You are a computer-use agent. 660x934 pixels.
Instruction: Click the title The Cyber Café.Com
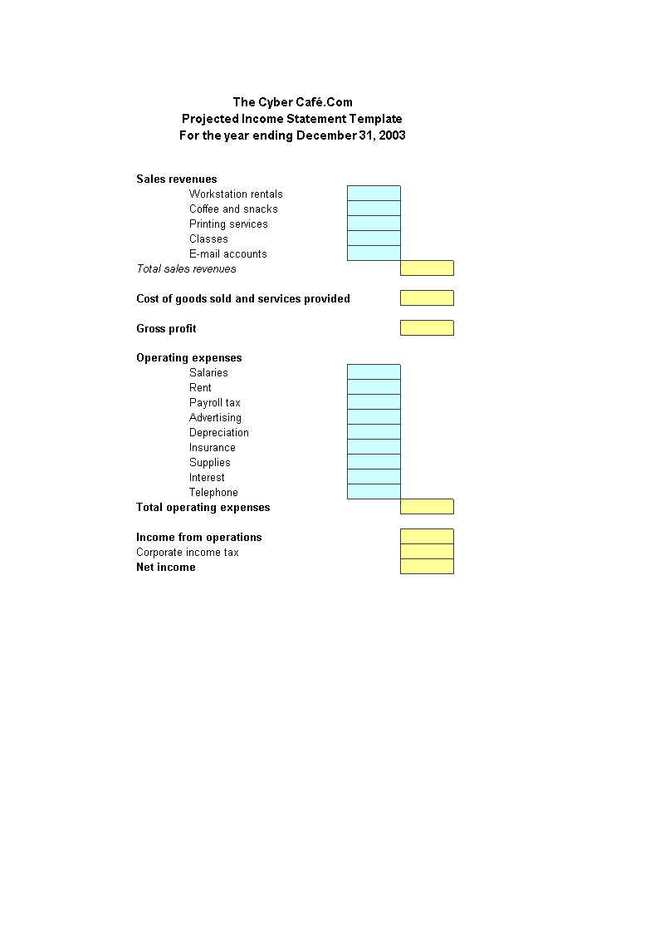coord(292,102)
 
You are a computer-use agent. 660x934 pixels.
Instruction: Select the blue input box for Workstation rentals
coord(374,194)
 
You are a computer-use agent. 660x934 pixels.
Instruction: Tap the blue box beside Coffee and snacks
coord(374,209)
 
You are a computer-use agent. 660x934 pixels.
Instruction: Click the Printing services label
coord(228,224)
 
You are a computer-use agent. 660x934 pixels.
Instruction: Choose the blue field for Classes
coord(374,238)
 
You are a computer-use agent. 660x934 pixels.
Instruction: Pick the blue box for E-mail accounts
coord(374,253)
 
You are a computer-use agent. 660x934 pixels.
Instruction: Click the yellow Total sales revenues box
coord(427,268)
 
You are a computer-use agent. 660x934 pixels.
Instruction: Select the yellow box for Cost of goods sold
coord(427,298)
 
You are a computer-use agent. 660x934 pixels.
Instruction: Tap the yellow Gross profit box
coord(427,328)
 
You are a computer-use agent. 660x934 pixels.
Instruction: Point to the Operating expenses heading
coord(189,358)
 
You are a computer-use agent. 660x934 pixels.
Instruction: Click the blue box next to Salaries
coord(374,372)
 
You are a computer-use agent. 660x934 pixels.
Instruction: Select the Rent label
coord(200,387)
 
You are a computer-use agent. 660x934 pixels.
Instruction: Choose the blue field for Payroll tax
coord(374,402)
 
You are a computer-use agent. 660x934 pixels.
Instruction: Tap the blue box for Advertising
coord(374,417)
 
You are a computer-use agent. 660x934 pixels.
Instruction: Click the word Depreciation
coord(219,432)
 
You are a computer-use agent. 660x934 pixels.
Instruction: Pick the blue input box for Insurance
coord(374,447)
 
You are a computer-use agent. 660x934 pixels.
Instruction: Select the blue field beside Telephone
coord(374,492)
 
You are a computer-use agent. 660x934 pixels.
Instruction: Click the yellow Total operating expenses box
coord(427,507)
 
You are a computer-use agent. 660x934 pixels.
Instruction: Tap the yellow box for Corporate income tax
coord(427,552)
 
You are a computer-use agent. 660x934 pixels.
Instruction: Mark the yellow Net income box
coord(427,567)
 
